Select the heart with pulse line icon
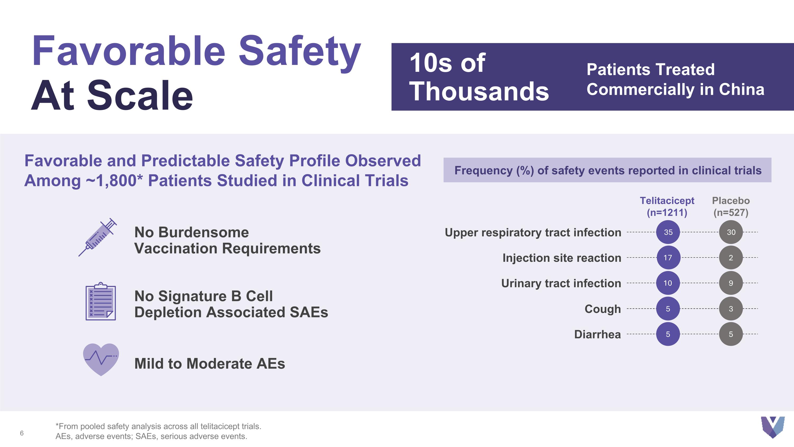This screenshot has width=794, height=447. pos(101,359)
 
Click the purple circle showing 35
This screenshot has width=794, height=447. pos(668,232)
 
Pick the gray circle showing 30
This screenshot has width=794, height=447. pos(731,232)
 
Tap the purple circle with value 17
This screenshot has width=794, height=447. pos(668,258)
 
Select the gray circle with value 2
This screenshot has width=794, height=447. pos(731,258)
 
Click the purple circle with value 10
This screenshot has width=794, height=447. pos(668,283)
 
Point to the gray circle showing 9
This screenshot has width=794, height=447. pos(731,283)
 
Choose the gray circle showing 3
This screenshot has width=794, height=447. pos(731,309)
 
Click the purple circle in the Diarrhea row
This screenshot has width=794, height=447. pos(668,334)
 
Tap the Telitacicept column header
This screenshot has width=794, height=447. pos(667,206)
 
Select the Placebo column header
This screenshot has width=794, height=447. pos(731,206)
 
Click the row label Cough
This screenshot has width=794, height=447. pos(603,309)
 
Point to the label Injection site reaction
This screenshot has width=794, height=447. pos(562,258)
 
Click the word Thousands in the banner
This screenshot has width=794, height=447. pos(479,91)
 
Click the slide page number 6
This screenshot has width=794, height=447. pos(22,433)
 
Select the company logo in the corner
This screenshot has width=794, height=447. pos(772,427)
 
